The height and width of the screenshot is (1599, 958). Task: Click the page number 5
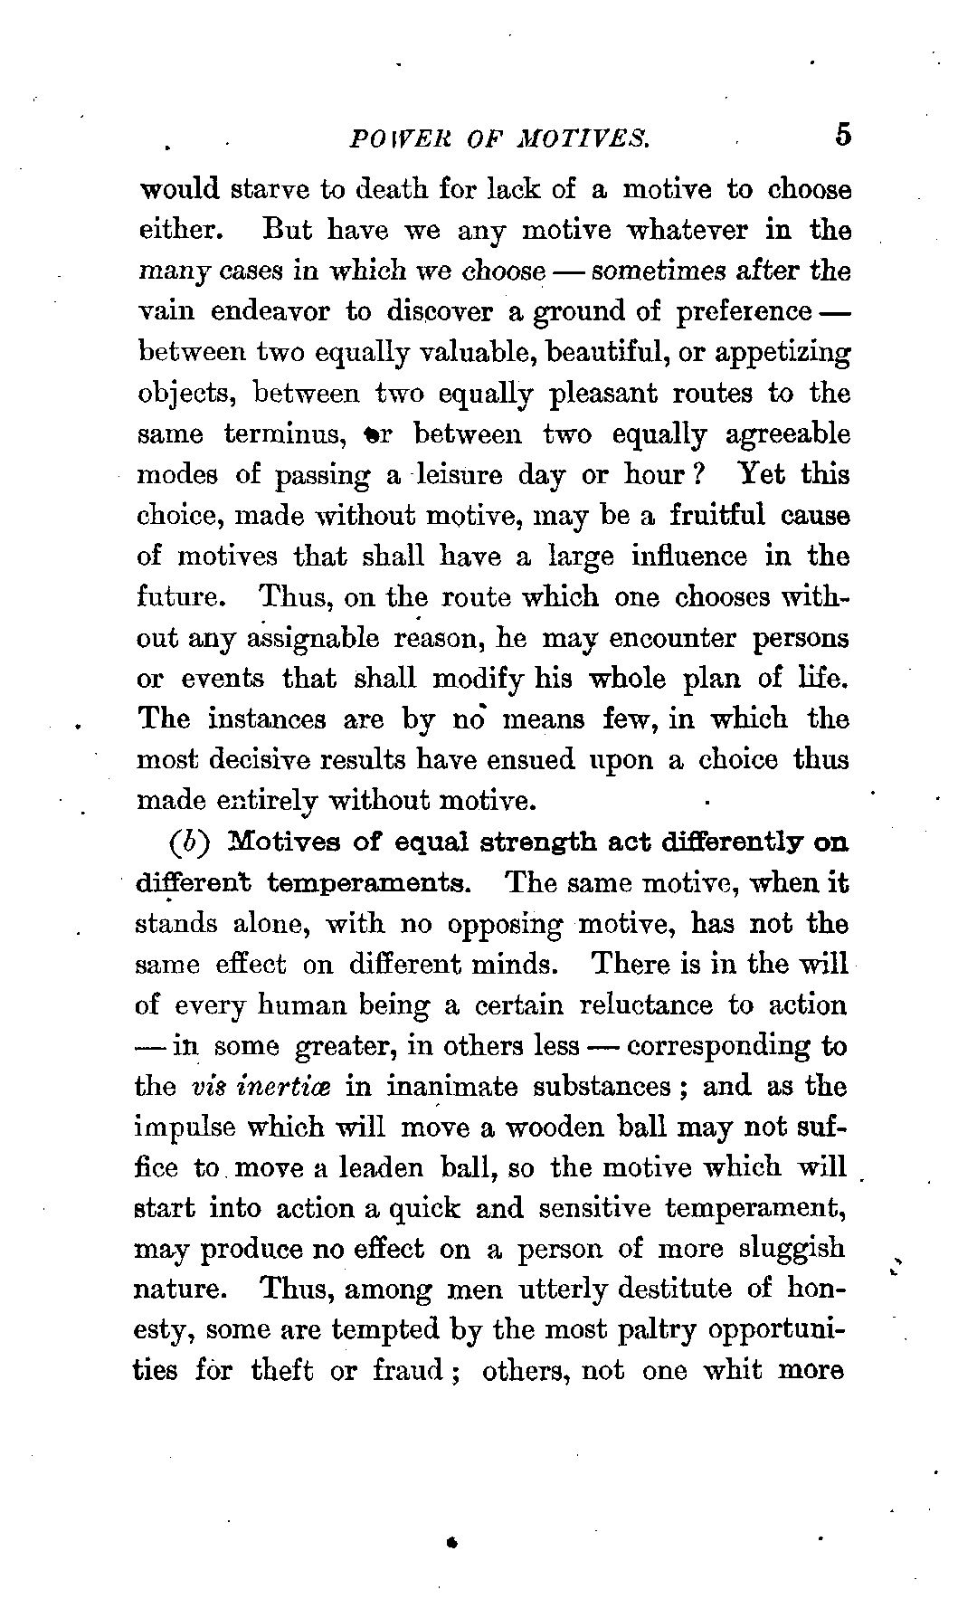(x=843, y=135)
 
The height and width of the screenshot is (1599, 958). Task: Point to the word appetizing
(x=783, y=353)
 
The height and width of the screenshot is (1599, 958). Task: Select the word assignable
(x=308, y=639)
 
